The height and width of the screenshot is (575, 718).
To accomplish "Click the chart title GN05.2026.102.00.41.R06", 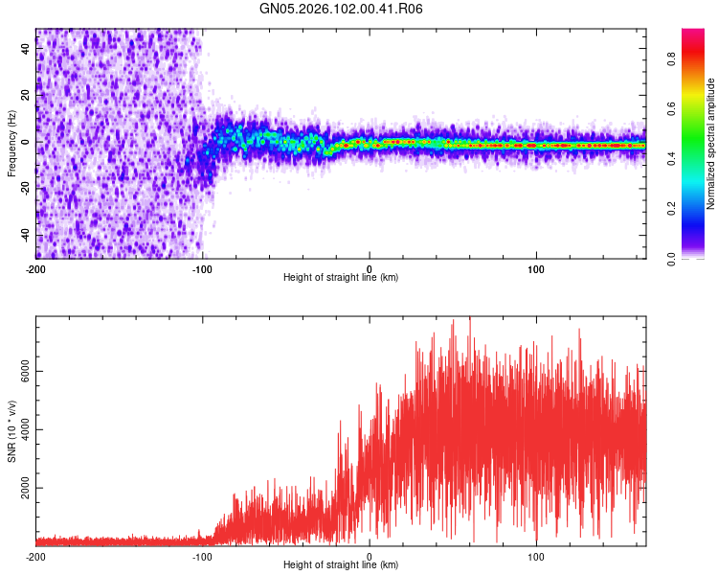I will tap(342, 9).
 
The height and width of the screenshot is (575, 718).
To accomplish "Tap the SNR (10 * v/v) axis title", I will tap(11, 430).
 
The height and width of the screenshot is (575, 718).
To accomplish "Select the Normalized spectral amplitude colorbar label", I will tap(710, 144).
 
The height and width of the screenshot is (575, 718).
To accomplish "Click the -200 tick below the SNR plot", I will tap(35, 557).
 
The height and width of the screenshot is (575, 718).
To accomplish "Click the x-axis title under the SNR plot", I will tap(341, 565).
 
